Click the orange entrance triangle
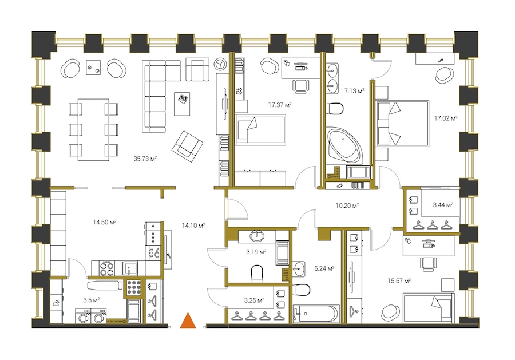[188, 321]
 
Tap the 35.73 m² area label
[145, 159]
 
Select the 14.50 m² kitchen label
[105, 223]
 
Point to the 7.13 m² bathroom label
[354, 90]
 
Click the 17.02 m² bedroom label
[446, 118]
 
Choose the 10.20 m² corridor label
[347, 205]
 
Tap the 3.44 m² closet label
[443, 205]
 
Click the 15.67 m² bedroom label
[399, 281]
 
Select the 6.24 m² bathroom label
[324, 268]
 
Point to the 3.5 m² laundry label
[92, 300]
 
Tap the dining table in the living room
[94, 130]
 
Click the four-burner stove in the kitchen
[107, 268]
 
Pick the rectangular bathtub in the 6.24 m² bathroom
[316, 314]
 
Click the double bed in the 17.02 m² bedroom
[403, 123]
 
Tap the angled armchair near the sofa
[187, 147]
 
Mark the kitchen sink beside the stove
[130, 268]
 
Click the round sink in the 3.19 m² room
[257, 235]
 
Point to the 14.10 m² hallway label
[193, 226]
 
